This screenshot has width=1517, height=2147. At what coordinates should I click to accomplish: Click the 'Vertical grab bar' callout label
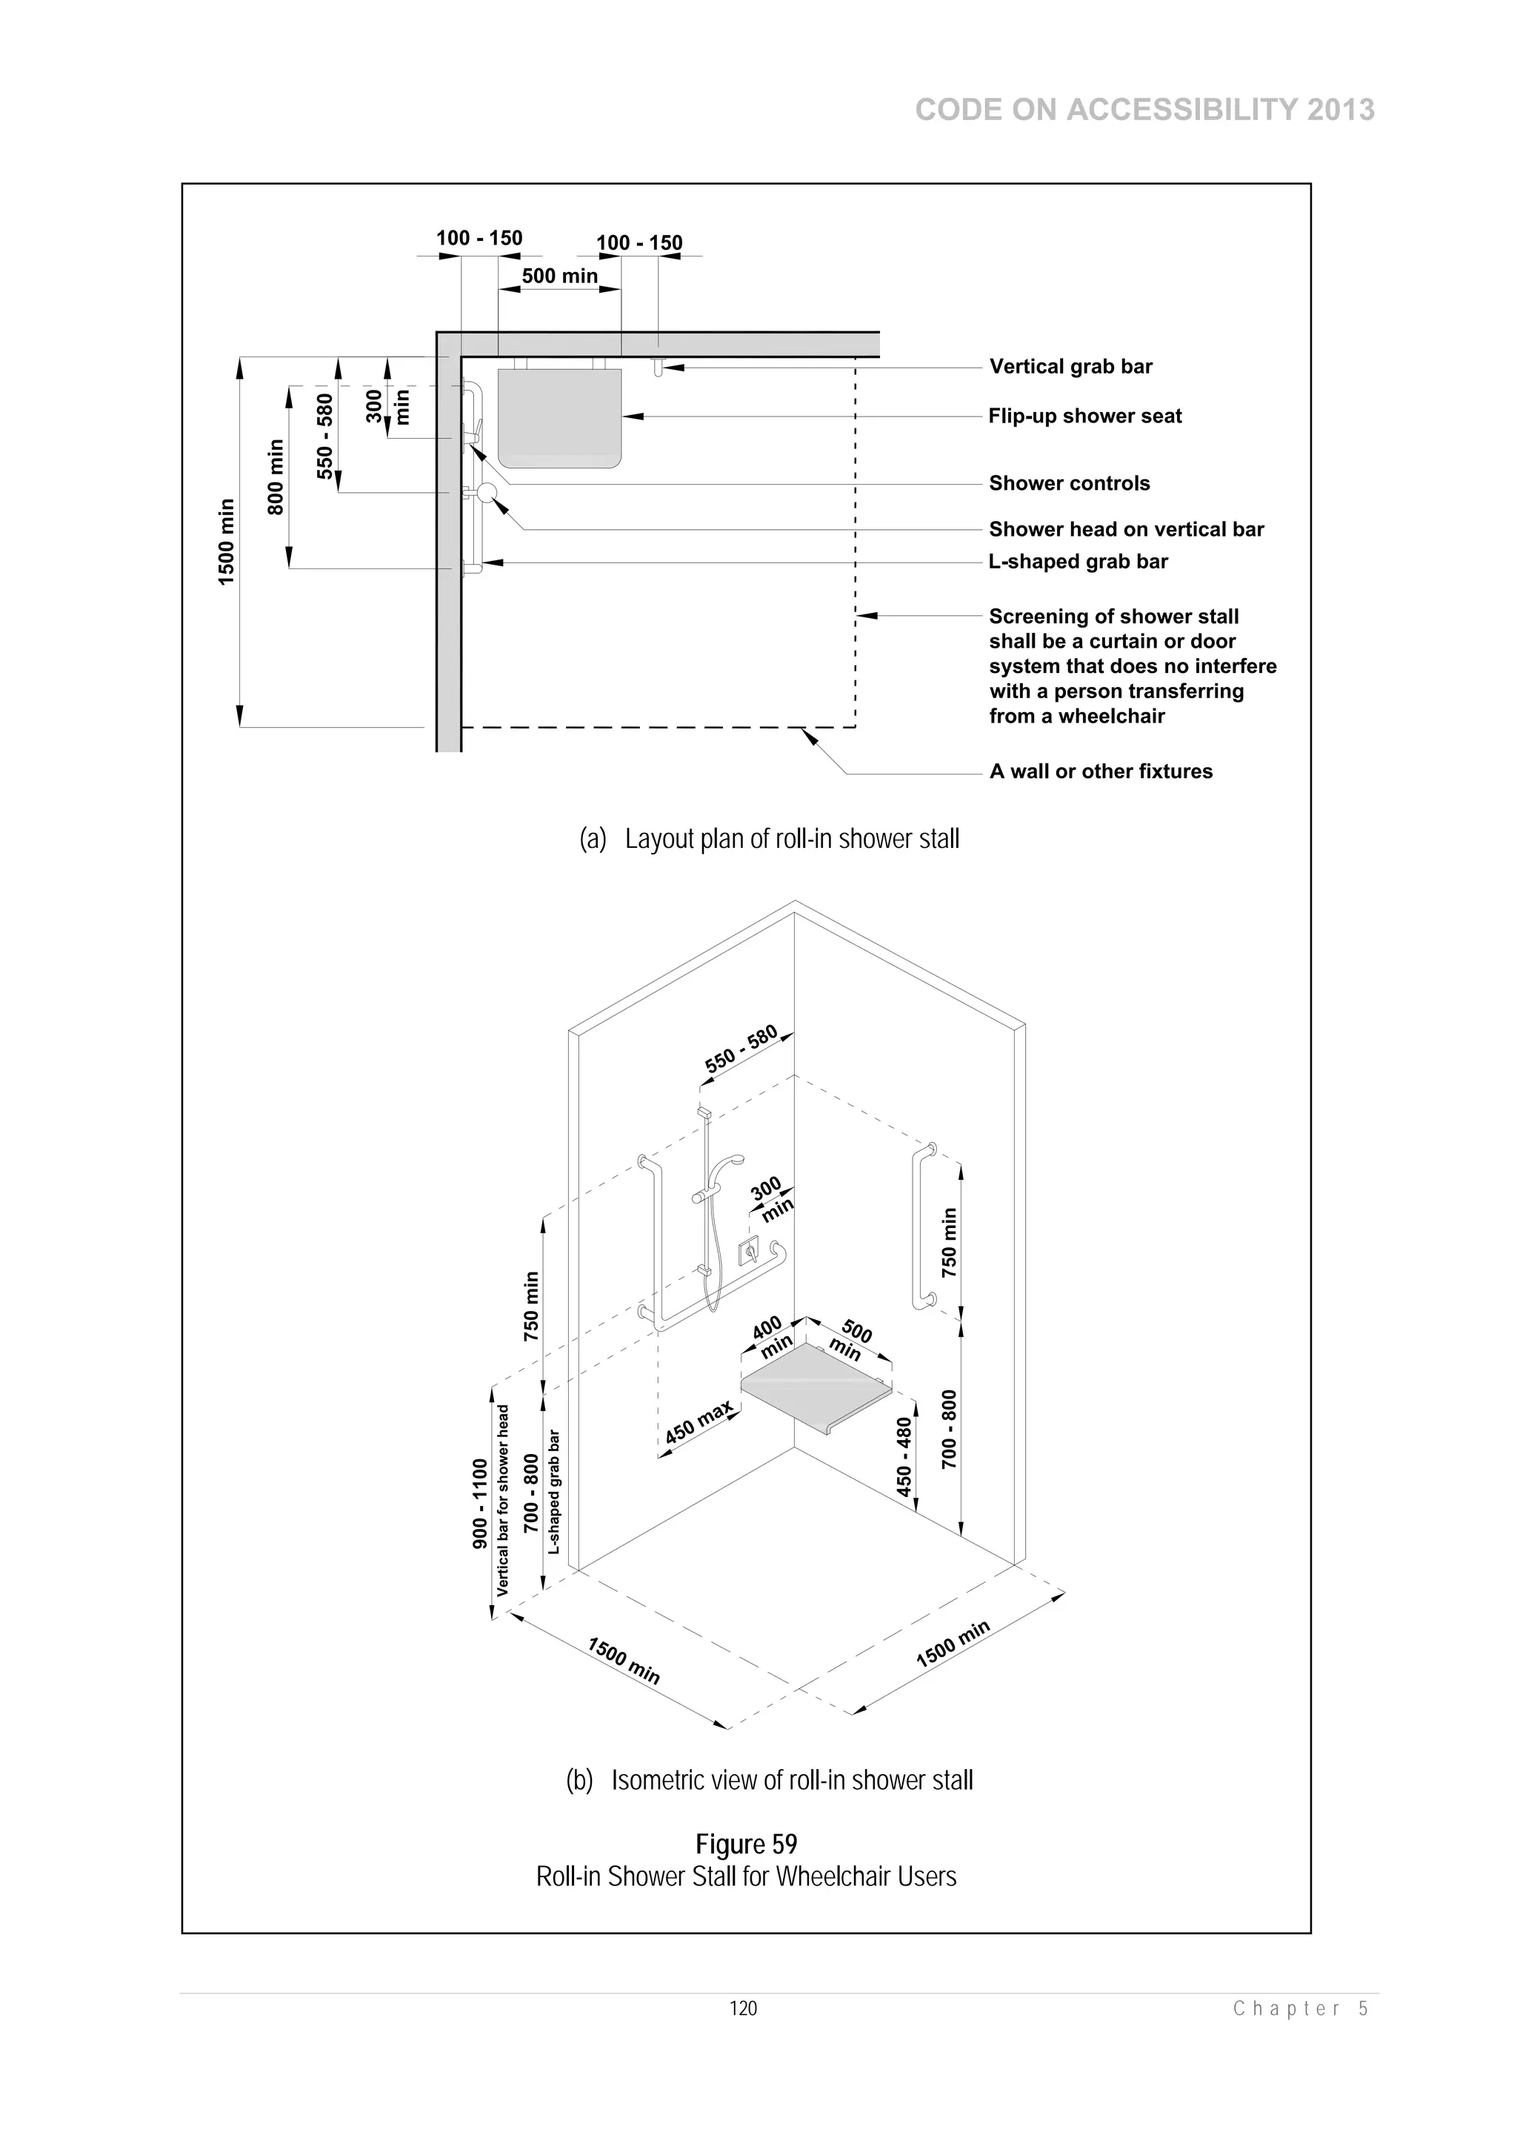1070,367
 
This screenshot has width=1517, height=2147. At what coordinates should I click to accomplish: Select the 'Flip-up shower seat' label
1084,416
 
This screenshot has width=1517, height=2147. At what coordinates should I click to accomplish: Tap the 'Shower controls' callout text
1070,483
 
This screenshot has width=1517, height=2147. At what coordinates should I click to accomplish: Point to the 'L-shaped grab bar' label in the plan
1078,561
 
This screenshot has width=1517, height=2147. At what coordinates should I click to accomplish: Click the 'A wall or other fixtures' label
1100,771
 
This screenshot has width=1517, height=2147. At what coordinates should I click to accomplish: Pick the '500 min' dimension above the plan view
559,276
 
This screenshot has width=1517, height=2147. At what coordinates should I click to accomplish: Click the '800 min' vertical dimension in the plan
276,477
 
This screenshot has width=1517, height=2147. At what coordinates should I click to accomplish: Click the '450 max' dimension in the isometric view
699,1423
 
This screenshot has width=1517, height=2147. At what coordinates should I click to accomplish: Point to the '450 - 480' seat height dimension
904,1457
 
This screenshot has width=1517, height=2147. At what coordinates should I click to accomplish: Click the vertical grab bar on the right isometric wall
921,1227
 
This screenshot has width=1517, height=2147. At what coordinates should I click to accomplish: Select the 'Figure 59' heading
746,1844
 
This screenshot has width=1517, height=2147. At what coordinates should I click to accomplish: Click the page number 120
743,2008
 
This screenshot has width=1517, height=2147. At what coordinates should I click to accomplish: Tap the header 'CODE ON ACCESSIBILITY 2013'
1144,110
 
